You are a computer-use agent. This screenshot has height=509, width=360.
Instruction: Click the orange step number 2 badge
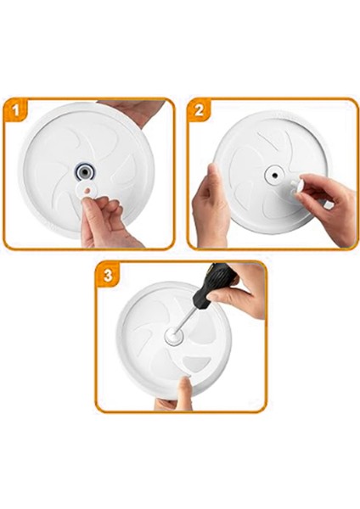tap(200, 110)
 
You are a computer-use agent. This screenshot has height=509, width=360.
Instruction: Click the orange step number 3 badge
tap(108, 273)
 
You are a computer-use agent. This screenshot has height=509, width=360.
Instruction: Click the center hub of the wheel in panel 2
tap(275, 173)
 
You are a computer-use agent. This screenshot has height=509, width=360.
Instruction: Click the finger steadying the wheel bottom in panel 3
tap(183, 392)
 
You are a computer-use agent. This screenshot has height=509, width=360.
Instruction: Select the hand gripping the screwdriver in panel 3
tap(241, 288)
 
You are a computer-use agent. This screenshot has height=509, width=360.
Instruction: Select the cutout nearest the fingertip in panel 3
tap(197, 363)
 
